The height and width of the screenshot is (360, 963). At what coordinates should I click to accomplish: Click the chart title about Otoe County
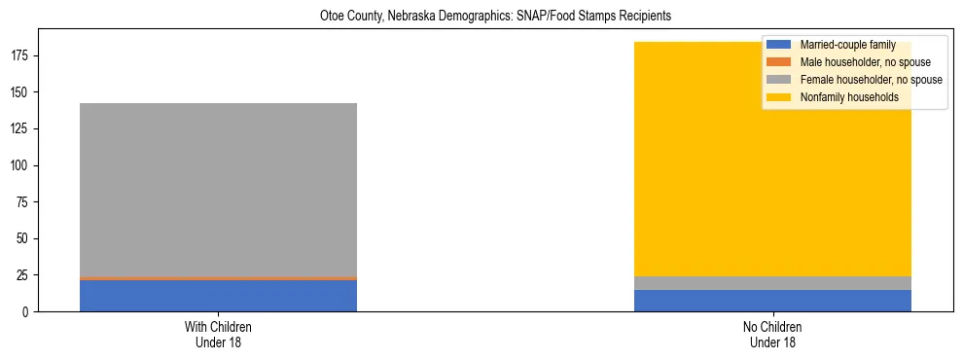(481, 17)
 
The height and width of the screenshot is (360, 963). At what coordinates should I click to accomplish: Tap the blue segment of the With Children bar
(218, 296)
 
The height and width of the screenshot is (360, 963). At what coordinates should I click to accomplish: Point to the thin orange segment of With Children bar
(218, 278)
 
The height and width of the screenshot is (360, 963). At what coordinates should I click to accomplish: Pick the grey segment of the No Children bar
(772, 283)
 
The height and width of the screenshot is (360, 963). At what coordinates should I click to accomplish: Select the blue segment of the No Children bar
(772, 301)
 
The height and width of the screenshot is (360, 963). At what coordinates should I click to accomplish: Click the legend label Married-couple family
(847, 45)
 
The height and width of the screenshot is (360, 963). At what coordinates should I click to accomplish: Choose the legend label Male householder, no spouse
(858, 62)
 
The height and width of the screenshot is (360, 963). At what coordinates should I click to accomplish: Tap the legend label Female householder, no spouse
(871, 80)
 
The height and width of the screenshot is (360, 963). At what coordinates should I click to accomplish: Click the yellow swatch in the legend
(779, 97)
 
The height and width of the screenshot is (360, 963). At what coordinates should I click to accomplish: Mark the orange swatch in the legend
(779, 62)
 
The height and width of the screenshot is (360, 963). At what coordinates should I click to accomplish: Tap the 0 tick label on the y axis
(28, 311)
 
